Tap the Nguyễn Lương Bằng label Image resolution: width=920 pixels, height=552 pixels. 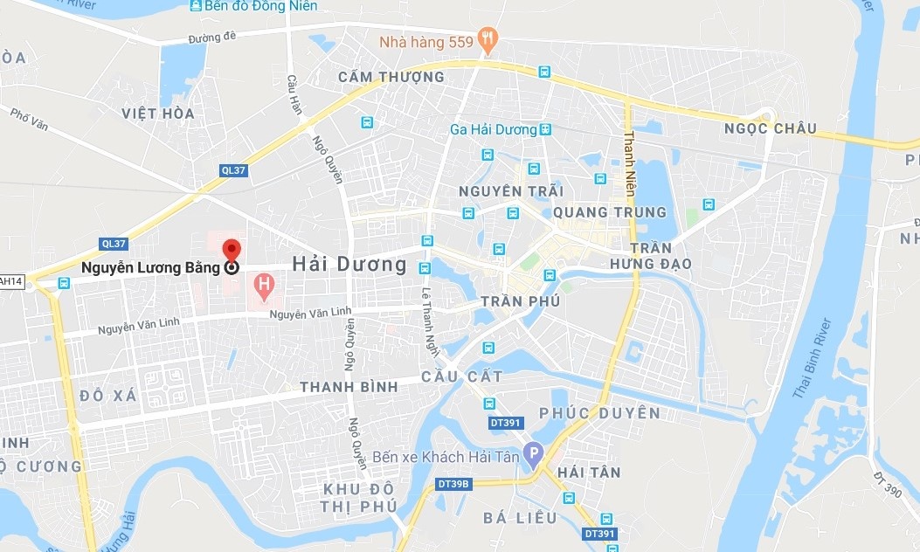click(151, 268)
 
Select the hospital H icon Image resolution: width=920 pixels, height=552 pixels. click(261, 283)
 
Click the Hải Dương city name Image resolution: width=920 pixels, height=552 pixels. click(349, 264)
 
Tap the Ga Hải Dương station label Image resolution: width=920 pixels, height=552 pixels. click(493, 129)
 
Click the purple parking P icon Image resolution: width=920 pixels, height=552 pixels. click(532, 454)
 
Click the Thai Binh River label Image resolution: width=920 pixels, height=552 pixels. click(813, 359)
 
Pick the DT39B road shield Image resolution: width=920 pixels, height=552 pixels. click(453, 484)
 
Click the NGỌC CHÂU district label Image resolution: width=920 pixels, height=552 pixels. click(770, 129)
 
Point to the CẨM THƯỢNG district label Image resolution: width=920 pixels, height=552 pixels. click(391, 77)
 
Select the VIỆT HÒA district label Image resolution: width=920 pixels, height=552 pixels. click(158, 113)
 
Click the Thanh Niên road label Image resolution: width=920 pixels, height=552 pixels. click(629, 166)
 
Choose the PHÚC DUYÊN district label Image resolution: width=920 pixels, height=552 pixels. click(599, 413)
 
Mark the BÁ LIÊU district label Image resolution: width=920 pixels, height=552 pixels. click(520, 518)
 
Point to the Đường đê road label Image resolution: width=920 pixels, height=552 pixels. click(213, 38)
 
